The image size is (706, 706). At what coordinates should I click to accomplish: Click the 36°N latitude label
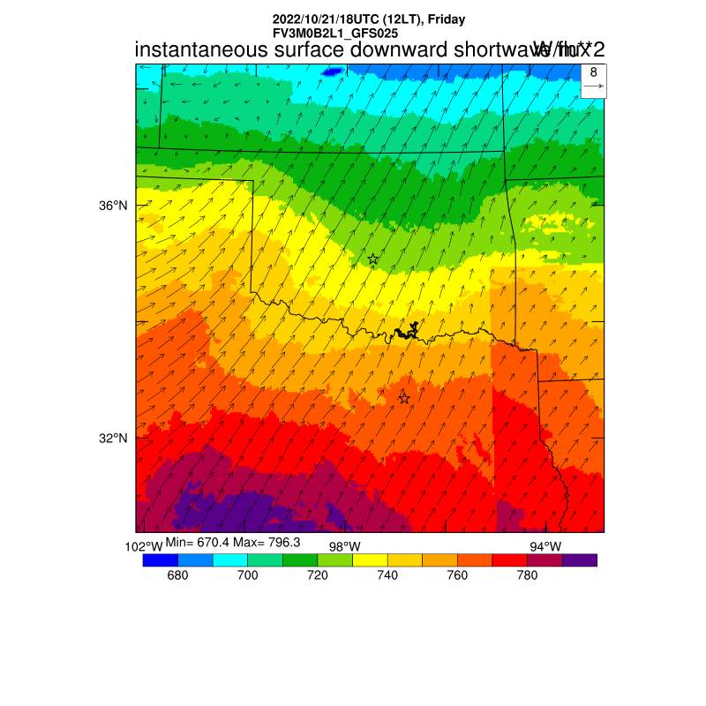113,206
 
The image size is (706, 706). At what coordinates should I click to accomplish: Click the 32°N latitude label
113,439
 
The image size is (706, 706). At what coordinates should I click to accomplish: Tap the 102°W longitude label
144,546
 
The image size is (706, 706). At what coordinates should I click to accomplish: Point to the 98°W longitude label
344,546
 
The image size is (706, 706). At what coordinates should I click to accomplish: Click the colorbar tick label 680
177,575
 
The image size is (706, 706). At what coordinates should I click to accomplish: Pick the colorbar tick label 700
247,575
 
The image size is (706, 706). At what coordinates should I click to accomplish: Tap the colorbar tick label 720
317,575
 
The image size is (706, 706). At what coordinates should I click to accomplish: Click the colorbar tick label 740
387,575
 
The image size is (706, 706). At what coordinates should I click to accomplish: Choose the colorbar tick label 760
457,575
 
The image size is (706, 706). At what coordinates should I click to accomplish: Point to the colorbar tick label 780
527,575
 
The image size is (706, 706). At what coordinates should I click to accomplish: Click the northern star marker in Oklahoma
373,259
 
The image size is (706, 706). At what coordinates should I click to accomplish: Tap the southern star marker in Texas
404,398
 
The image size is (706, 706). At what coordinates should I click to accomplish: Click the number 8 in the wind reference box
593,72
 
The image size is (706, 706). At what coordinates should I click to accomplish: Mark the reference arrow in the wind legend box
593,86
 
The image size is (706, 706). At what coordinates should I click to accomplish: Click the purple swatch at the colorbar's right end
580,560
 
